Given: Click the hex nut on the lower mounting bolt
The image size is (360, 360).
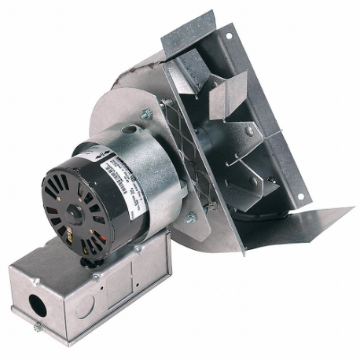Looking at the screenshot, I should [x=190, y=218].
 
